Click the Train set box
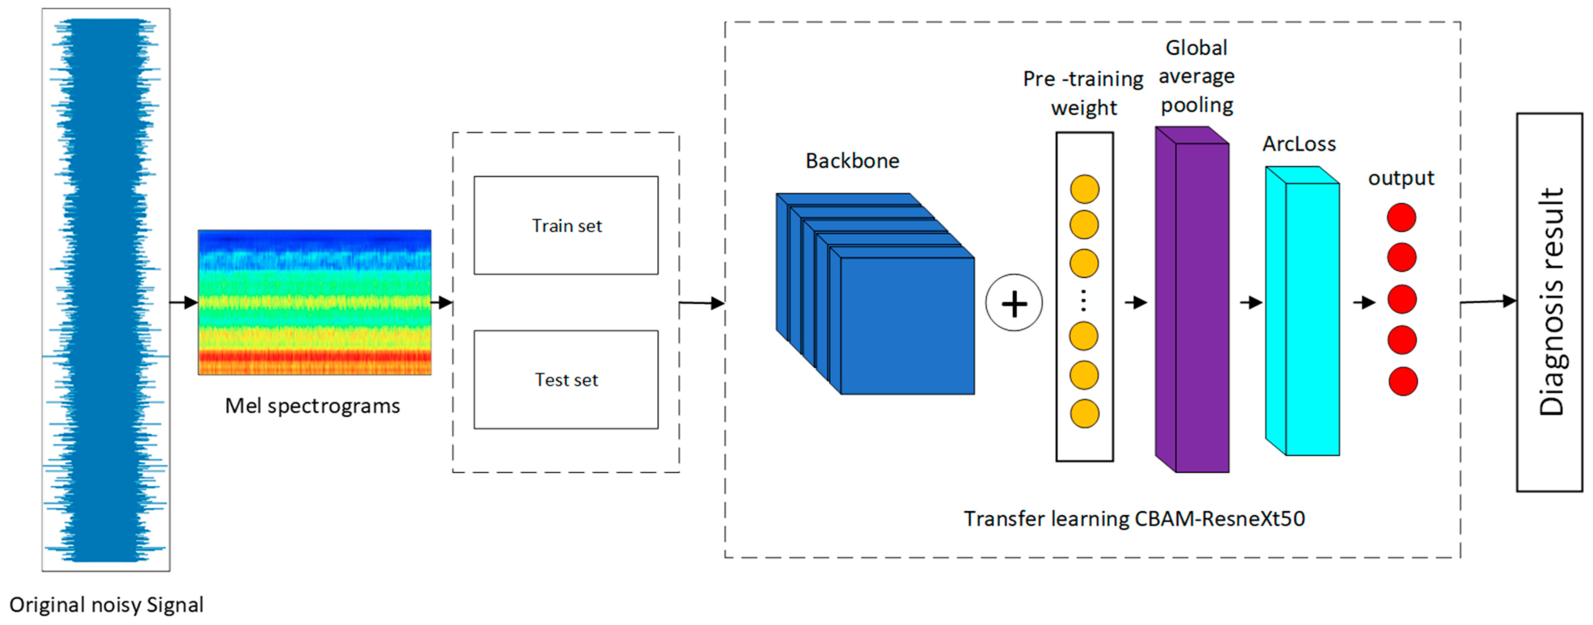pyautogui.click(x=566, y=225)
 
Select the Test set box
pyautogui.click(x=566, y=379)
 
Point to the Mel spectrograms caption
pyautogui.click(x=312, y=406)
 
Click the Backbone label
pyautogui.click(x=852, y=161)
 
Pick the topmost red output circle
pyautogui.click(x=1401, y=217)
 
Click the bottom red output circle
pyautogui.click(x=1402, y=381)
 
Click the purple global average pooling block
pyautogui.click(x=1201, y=306)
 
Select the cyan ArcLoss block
pyautogui.click(x=1311, y=319)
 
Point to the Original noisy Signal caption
pyautogui.click(x=106, y=604)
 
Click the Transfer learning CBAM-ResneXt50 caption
pyautogui.click(x=1134, y=519)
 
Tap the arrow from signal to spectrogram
pyautogui.click(x=184, y=302)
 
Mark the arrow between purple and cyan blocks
pyautogui.click(x=1251, y=302)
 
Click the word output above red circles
pyautogui.click(x=1401, y=178)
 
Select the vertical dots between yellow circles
pyautogui.click(x=1084, y=300)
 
